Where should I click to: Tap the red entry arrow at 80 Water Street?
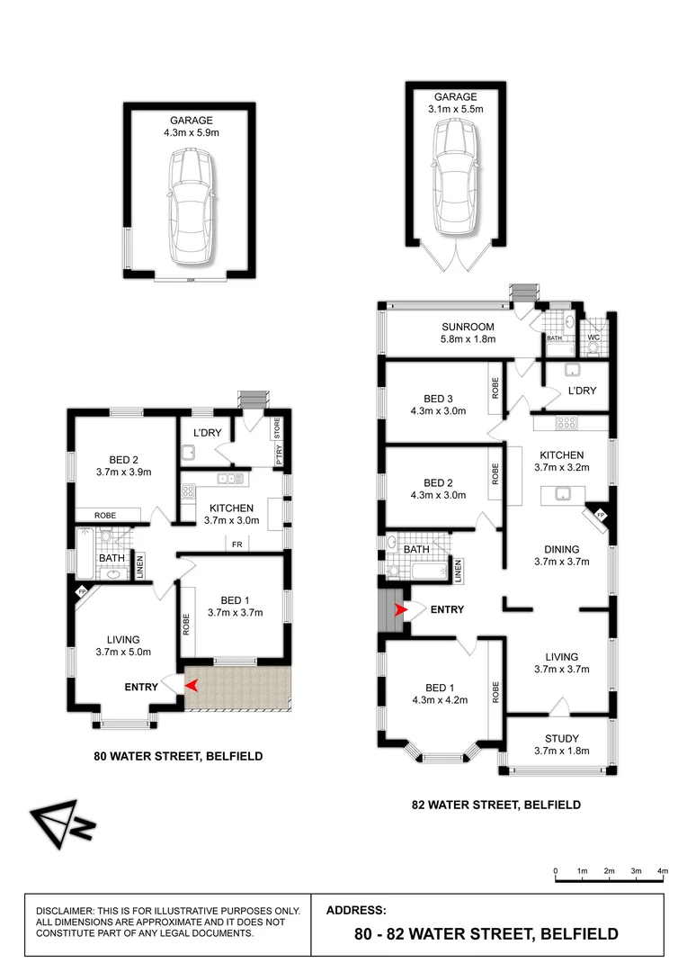(x=192, y=686)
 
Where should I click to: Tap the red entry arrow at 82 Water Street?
(x=401, y=610)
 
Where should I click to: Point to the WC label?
(x=593, y=338)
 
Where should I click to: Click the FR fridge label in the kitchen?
(x=236, y=544)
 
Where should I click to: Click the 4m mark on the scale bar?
(x=663, y=871)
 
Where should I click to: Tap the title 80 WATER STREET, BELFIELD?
(x=178, y=757)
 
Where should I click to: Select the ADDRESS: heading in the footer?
(x=356, y=910)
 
